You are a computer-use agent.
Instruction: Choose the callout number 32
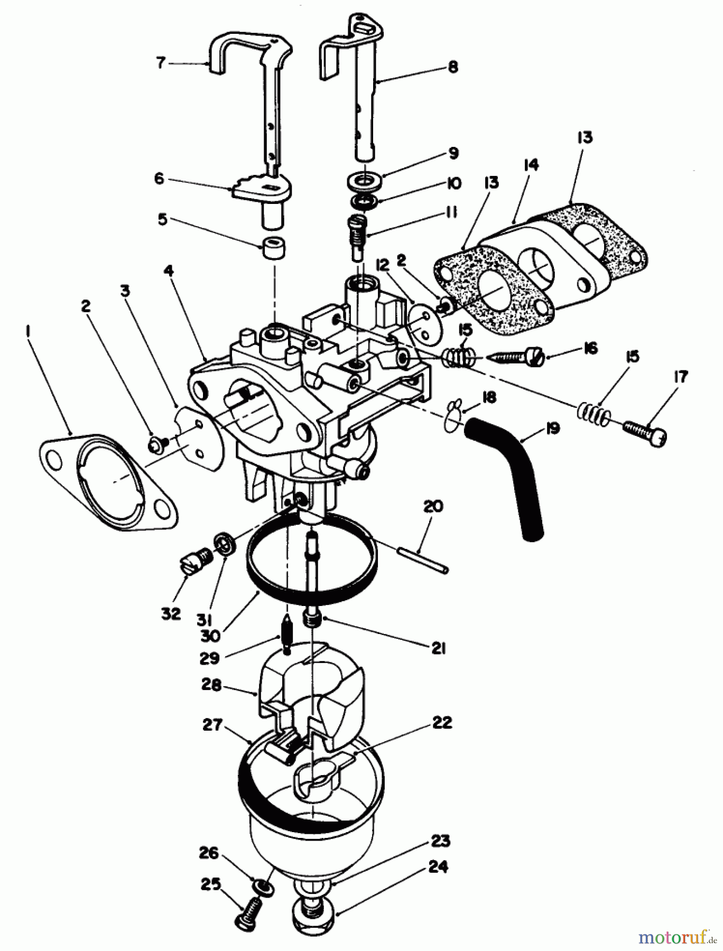click(171, 614)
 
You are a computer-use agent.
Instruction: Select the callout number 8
click(452, 67)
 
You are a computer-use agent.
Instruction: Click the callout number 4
click(168, 271)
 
